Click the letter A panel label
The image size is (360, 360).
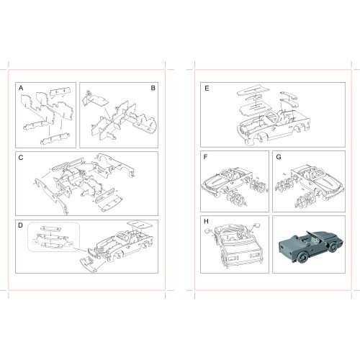21,89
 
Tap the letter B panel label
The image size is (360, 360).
153,88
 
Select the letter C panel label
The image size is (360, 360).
21,158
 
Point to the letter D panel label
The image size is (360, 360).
21,225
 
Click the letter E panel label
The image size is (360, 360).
207,89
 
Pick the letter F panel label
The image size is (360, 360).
205,157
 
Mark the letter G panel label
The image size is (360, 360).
279,157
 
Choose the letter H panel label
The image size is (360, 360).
206,221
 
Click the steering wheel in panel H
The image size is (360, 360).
240,234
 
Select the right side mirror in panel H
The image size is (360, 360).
256,225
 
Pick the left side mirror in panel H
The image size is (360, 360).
208,231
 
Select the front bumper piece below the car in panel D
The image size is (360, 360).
88,264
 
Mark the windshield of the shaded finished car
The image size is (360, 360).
313,235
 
